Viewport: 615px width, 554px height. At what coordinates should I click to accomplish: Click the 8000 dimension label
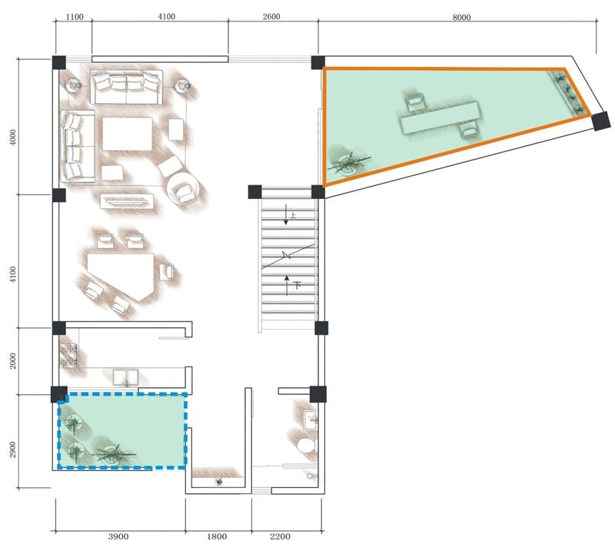pyautogui.click(x=461, y=17)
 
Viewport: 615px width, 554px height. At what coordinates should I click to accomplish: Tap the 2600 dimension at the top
pyautogui.click(x=271, y=16)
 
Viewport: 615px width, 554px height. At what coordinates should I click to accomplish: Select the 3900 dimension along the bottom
pyautogui.click(x=118, y=536)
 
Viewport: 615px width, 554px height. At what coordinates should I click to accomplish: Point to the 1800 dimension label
pyautogui.click(x=217, y=536)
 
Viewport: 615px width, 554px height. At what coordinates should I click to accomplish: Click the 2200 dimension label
pyautogui.click(x=280, y=536)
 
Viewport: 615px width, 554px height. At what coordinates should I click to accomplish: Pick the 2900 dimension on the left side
pyautogui.click(x=13, y=450)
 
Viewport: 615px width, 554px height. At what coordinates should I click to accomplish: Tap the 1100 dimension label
pyautogui.click(x=75, y=17)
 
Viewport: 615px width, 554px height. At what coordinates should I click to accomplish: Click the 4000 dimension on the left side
pyautogui.click(x=13, y=138)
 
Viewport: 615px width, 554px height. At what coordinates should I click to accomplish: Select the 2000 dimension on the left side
pyautogui.click(x=13, y=360)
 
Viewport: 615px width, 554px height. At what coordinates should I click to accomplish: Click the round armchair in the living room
pyautogui.click(x=184, y=189)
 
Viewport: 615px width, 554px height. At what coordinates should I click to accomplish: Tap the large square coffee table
pyautogui.click(x=128, y=134)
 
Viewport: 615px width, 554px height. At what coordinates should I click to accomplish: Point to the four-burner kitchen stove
pyautogui.click(x=68, y=355)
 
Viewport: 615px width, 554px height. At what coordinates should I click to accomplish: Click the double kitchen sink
pyautogui.click(x=125, y=377)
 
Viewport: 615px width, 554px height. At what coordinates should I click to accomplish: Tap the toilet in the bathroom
pyautogui.click(x=306, y=446)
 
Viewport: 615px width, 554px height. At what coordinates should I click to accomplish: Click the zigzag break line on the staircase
pyautogui.click(x=288, y=256)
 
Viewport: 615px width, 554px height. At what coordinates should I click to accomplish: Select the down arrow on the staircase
pyautogui.click(x=286, y=215)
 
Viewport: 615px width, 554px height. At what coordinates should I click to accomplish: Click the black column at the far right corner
pyautogui.click(x=601, y=121)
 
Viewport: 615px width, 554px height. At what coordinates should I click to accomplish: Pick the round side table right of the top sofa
pyautogui.click(x=182, y=85)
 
